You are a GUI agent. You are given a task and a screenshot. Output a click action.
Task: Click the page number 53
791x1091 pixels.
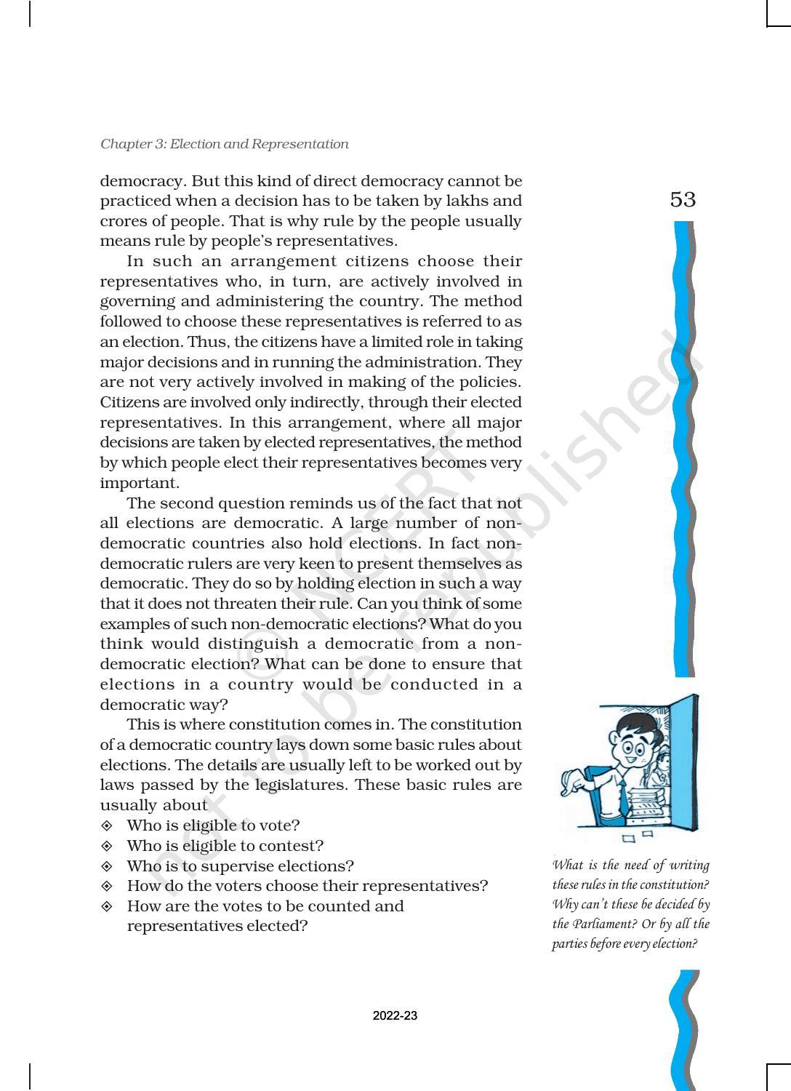(683, 199)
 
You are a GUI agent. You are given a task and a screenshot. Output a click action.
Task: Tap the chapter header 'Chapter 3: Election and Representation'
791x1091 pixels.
(225, 144)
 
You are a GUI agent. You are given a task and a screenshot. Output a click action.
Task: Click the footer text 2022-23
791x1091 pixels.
(395, 1016)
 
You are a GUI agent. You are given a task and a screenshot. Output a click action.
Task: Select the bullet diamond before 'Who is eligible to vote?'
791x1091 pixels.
(107, 826)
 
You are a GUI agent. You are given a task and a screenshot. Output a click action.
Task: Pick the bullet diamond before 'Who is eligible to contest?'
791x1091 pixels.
(107, 846)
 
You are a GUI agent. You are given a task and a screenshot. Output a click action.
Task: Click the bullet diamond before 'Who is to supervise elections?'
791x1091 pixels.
(107, 866)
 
